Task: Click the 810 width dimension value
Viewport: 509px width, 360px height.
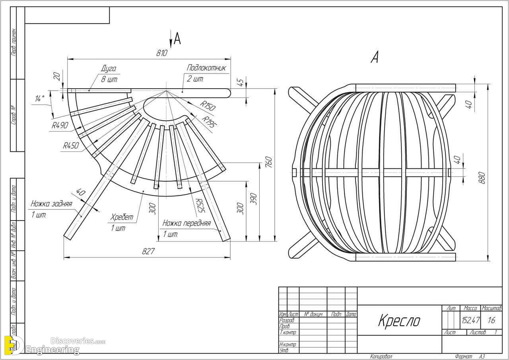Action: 161,53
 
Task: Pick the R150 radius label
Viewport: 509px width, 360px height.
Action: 208,106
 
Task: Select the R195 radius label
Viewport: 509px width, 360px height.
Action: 210,122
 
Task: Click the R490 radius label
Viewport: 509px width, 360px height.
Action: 60,126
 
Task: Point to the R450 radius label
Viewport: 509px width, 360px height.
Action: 70,146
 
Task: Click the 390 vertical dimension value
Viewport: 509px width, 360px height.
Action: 253,199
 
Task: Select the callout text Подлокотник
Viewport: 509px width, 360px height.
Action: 206,68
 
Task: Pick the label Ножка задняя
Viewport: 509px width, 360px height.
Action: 51,204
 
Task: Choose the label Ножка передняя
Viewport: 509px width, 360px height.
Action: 186,223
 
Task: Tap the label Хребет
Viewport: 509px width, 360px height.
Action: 122,218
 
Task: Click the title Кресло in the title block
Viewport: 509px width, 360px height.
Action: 398,320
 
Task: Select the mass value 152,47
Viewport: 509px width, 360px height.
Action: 470,320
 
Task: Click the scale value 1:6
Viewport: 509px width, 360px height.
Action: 492,320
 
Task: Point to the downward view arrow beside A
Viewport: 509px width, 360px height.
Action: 170,39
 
